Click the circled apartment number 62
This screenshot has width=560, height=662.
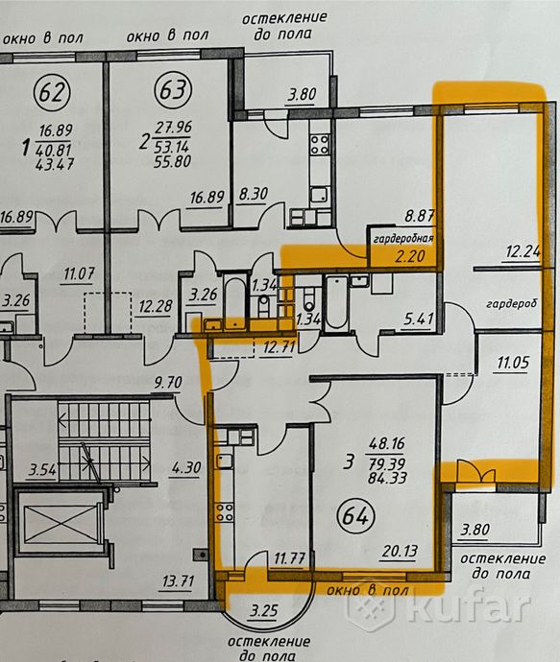pos(52,92)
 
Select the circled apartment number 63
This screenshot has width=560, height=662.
pos(173,89)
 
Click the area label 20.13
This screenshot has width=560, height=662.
pos(400,551)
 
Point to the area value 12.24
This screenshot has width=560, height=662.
pos(523,251)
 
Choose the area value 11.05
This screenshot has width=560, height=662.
pos(513,363)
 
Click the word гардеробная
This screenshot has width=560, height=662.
pos(403,239)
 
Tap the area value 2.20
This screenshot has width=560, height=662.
pos(409,255)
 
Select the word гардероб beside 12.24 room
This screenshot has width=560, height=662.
pos(512,303)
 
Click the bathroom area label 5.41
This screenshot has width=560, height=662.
pos(419,318)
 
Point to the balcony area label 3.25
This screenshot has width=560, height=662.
pos(264,610)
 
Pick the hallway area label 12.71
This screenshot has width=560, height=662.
pos(279,348)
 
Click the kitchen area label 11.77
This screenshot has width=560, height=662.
pos(289,559)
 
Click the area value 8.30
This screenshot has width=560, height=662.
pos(253,194)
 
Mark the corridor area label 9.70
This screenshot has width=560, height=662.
pos(168,383)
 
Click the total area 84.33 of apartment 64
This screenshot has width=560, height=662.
pos(387,478)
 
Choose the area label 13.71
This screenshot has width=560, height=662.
pos(178,581)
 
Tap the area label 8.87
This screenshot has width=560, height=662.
pos(420,216)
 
